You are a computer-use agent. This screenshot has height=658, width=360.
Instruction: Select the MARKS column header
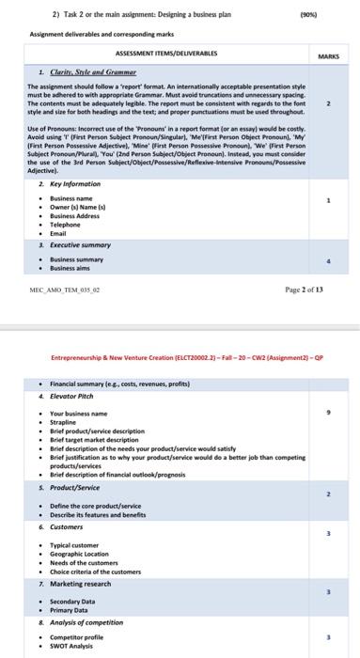pos(328,55)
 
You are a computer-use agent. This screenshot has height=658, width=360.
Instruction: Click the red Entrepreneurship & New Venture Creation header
pos(179,362)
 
